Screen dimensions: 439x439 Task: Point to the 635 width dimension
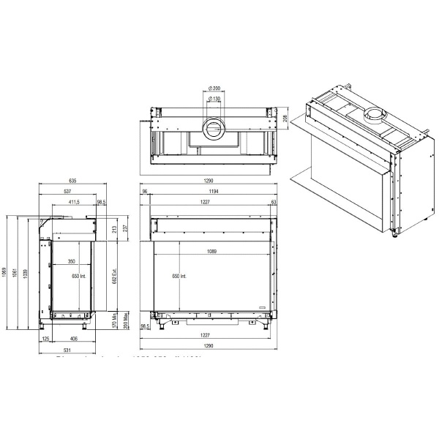pyautogui.click(x=72, y=181)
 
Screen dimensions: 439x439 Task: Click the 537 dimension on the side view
pyautogui.click(x=67, y=192)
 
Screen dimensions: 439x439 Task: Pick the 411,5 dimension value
pyautogui.click(x=73, y=202)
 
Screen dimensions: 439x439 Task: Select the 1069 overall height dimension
pyautogui.click(x=6, y=274)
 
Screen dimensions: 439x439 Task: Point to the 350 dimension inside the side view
pyautogui.click(x=71, y=261)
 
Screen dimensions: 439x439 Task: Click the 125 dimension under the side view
pyautogui.click(x=45, y=339)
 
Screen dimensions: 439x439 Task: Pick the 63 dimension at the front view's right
pyautogui.click(x=273, y=202)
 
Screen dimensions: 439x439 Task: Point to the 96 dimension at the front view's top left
pyautogui.click(x=145, y=192)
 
